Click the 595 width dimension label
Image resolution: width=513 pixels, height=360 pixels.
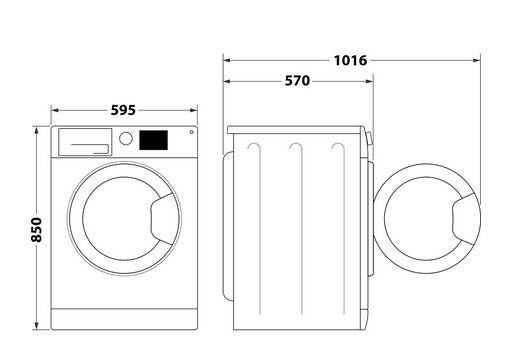[123, 110]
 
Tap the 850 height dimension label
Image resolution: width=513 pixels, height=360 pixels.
[36, 229]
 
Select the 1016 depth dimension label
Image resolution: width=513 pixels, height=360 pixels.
[350, 60]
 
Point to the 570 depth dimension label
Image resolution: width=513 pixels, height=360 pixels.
[297, 81]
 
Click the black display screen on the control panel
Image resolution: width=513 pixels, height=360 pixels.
[153, 140]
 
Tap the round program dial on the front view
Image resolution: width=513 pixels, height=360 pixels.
[126, 138]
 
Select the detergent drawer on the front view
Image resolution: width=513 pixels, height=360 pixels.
[85, 142]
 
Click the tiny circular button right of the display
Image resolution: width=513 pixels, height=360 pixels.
[192, 132]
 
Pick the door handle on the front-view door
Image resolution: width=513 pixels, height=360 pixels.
[162, 218]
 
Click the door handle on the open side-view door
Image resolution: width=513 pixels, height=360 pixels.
[464, 218]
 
